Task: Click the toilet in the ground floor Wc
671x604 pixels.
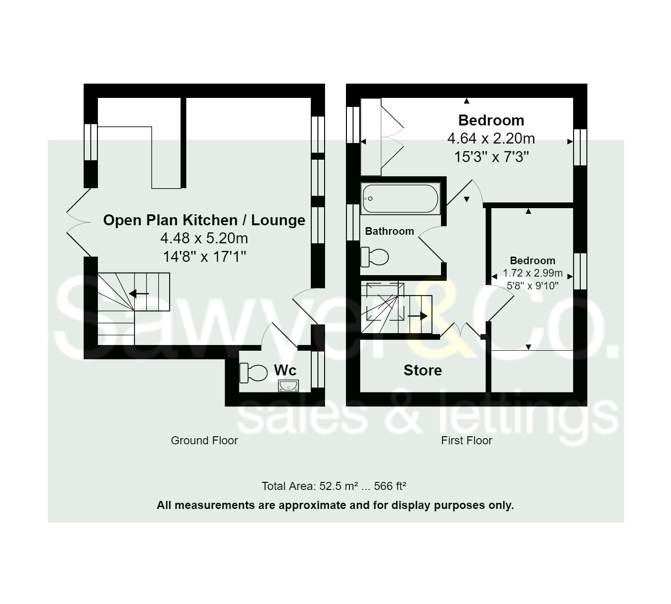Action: tap(253, 373)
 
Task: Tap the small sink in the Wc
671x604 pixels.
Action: tap(288, 386)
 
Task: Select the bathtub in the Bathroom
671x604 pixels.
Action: tap(401, 199)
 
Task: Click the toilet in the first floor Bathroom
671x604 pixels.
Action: tap(374, 257)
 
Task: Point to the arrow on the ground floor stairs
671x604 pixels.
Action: tap(139, 294)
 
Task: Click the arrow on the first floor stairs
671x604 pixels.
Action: tap(417, 316)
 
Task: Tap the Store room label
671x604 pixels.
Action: tap(422, 370)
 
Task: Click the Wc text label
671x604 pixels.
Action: tap(285, 370)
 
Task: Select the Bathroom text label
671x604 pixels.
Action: tap(389, 231)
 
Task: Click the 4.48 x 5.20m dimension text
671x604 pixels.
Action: tap(204, 238)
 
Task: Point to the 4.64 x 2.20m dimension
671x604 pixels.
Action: tap(491, 139)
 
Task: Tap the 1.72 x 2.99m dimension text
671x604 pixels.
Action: tap(533, 273)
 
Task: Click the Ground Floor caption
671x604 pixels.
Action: tap(204, 441)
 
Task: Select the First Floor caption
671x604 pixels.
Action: tap(467, 441)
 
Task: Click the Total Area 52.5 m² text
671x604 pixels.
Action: tap(334, 486)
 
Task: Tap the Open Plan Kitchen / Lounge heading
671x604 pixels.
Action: tap(204, 220)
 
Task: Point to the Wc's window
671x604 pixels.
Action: tap(318, 369)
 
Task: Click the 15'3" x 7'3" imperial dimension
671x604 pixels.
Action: tap(491, 157)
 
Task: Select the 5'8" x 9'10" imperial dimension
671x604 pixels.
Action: tap(533, 286)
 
